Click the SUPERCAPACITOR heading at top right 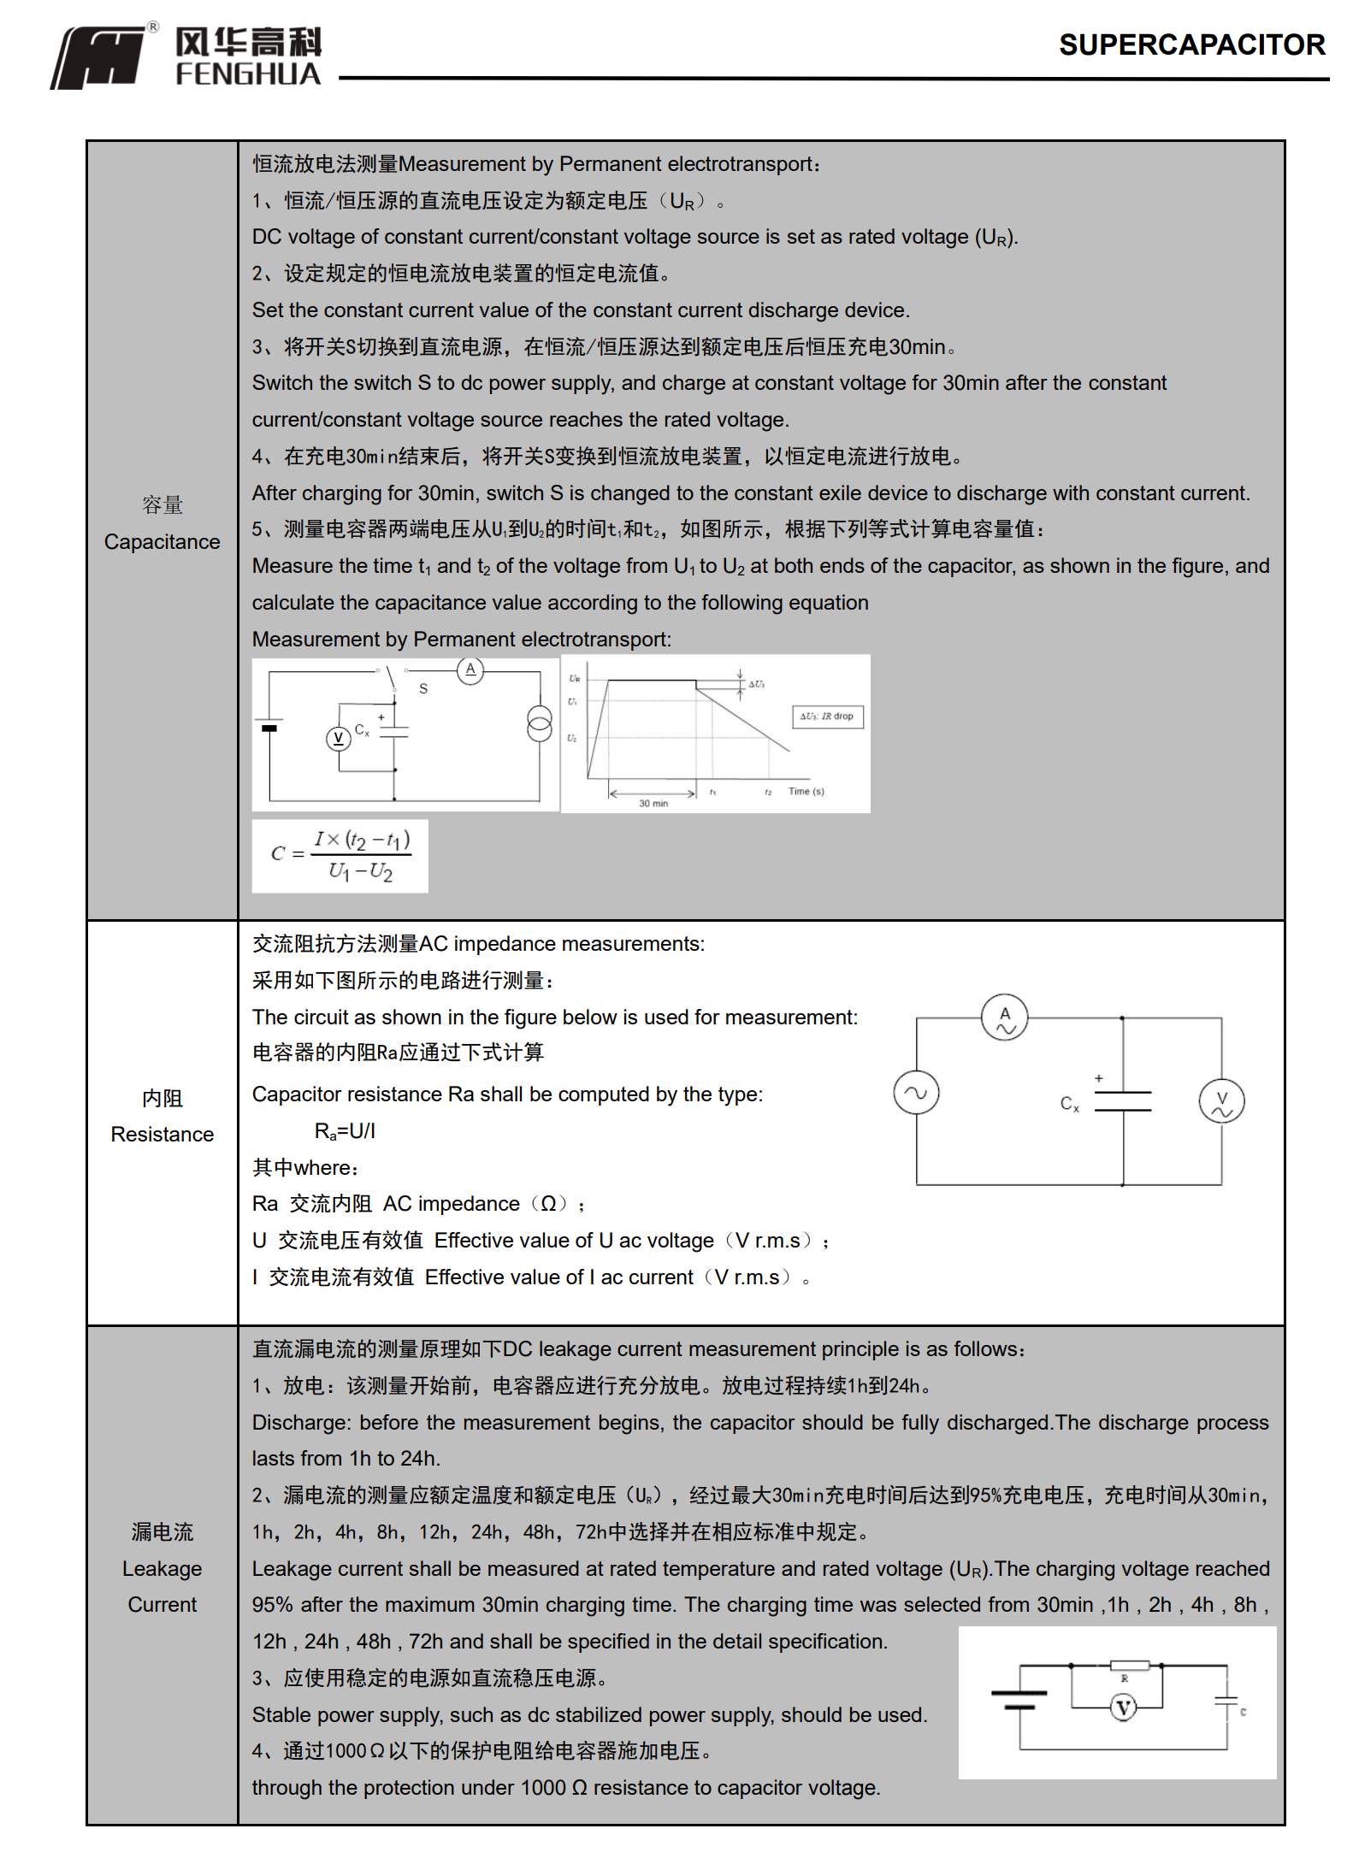[1191, 44]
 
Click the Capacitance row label [162, 541]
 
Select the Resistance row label [162, 1134]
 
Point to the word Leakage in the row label [162, 1568]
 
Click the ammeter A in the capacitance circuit [470, 670]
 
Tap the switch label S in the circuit [423, 688]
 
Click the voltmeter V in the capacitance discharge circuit [338, 738]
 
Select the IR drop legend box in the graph [827, 717]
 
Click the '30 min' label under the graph [653, 803]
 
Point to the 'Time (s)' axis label [806, 791]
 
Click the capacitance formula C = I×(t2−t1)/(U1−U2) [340, 855]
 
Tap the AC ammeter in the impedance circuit [1005, 1018]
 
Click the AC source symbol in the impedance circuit [916, 1093]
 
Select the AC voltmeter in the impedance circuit [1221, 1101]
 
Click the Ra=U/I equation [345, 1131]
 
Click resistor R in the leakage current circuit [1129, 1666]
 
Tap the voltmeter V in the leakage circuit [1123, 1708]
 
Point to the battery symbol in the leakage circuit [1019, 1699]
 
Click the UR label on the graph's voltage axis [575, 679]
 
